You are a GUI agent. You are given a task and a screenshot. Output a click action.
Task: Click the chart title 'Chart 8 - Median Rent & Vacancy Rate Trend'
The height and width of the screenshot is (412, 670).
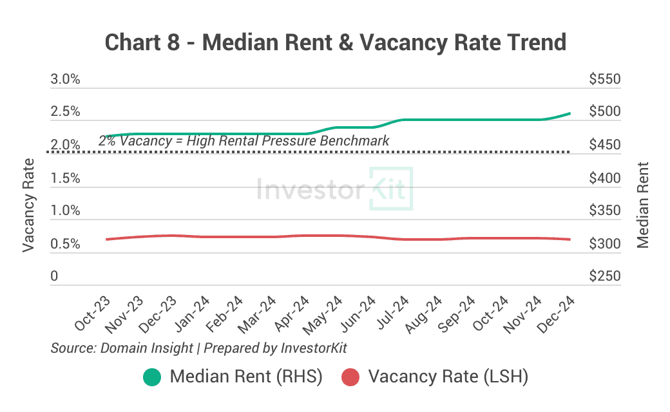[x=335, y=42]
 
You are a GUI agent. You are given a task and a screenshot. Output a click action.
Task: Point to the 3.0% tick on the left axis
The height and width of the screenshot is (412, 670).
[x=65, y=80]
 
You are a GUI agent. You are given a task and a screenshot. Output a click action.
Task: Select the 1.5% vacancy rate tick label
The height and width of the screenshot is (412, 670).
[x=65, y=178]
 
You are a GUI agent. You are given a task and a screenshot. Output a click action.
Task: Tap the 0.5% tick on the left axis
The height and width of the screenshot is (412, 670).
[x=65, y=245]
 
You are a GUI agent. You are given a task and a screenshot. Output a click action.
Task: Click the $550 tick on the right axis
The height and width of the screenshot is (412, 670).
[x=604, y=80]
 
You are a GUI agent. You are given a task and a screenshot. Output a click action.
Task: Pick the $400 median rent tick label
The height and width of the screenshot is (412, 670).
[x=604, y=178]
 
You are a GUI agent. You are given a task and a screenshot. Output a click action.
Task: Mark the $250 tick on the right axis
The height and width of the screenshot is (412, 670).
[x=604, y=277]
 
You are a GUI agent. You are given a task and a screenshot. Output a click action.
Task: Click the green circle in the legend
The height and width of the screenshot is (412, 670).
[x=152, y=377]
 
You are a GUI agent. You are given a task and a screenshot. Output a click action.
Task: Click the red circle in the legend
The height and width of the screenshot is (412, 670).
[x=350, y=377]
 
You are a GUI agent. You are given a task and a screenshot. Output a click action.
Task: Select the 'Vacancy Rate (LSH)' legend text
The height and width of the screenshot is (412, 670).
[x=448, y=377]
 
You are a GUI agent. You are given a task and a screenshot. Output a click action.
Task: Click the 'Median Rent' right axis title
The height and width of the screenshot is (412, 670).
[x=642, y=205]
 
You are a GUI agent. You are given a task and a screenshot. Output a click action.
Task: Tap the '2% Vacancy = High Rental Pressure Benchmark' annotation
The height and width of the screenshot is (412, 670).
[x=244, y=140]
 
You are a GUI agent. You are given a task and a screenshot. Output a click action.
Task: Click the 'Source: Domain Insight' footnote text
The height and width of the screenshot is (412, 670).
[x=122, y=348]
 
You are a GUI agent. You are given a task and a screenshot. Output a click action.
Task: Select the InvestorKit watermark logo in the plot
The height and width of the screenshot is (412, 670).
[x=335, y=189]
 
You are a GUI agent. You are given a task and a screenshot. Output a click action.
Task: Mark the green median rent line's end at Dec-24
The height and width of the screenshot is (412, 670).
[x=569, y=113]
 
